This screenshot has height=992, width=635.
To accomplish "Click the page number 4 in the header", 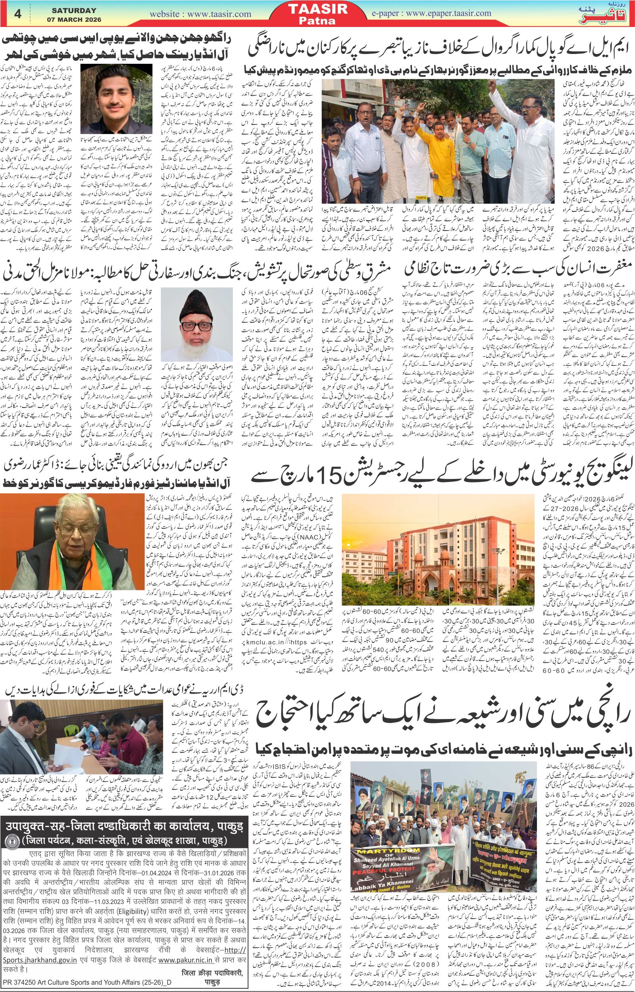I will pos(17,13).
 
